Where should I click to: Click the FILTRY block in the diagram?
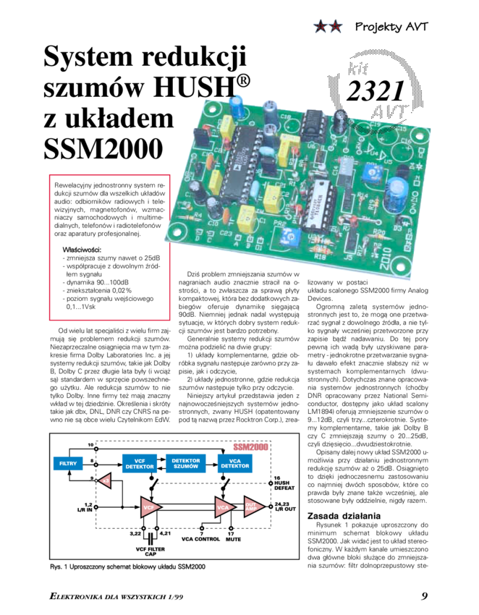(x=67, y=462)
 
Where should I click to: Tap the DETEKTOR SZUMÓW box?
(x=186, y=462)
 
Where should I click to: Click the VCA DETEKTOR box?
(x=234, y=462)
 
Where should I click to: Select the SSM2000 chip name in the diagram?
(x=254, y=447)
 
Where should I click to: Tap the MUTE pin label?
(x=232, y=538)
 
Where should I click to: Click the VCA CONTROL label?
(x=201, y=538)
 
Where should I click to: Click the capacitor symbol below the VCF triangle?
(x=151, y=538)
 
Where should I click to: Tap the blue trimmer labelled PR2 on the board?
(x=293, y=235)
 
